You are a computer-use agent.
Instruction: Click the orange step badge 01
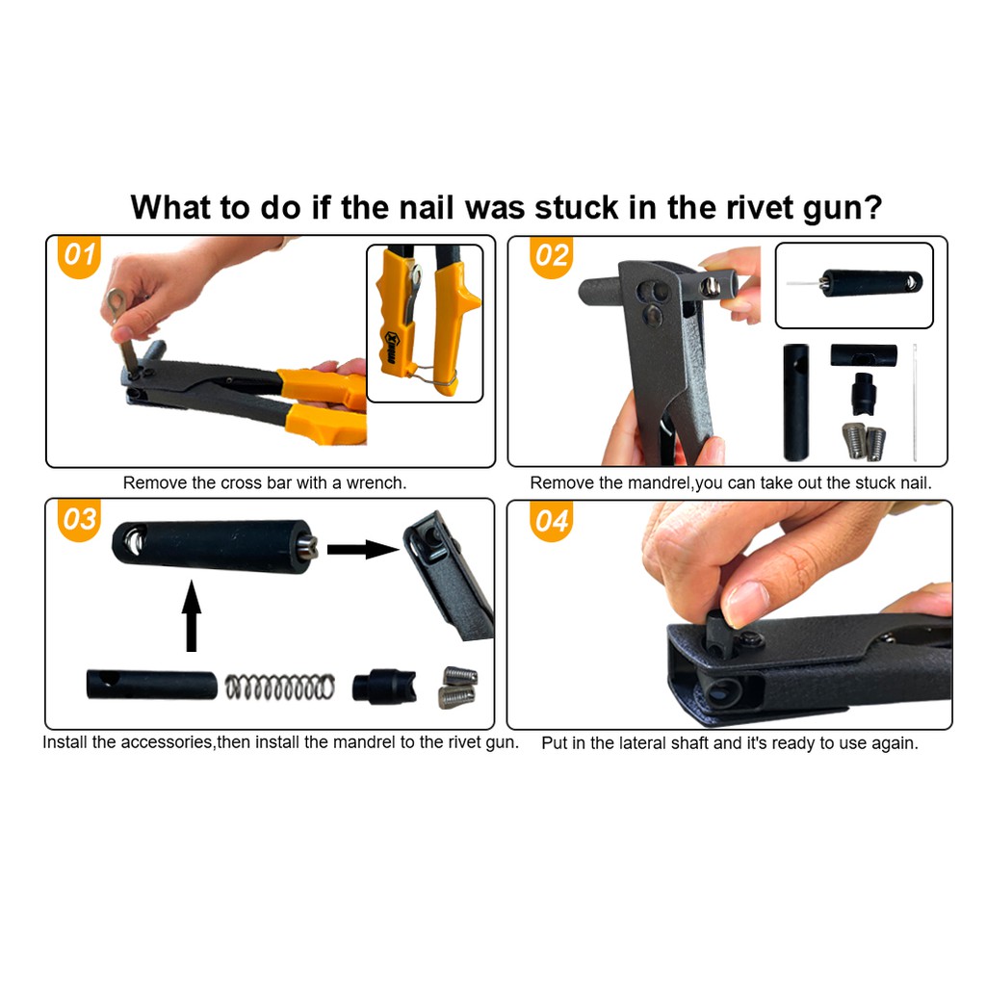79,255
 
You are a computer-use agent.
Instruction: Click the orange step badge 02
552,256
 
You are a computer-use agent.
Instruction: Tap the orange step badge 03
79,519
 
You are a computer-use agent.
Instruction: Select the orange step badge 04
552,521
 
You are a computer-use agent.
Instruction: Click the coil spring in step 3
280,687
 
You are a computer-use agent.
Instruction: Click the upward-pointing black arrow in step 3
192,616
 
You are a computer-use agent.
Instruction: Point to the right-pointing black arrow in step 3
363,549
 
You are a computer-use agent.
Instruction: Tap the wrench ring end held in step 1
116,300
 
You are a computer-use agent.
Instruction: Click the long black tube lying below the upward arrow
151,685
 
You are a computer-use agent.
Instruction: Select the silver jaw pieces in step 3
457,688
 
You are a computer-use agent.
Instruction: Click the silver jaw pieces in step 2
863,441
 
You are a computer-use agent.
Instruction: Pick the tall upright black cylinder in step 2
795,402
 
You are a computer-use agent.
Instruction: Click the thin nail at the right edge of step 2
915,402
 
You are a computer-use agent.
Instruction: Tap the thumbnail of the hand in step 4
746,603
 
